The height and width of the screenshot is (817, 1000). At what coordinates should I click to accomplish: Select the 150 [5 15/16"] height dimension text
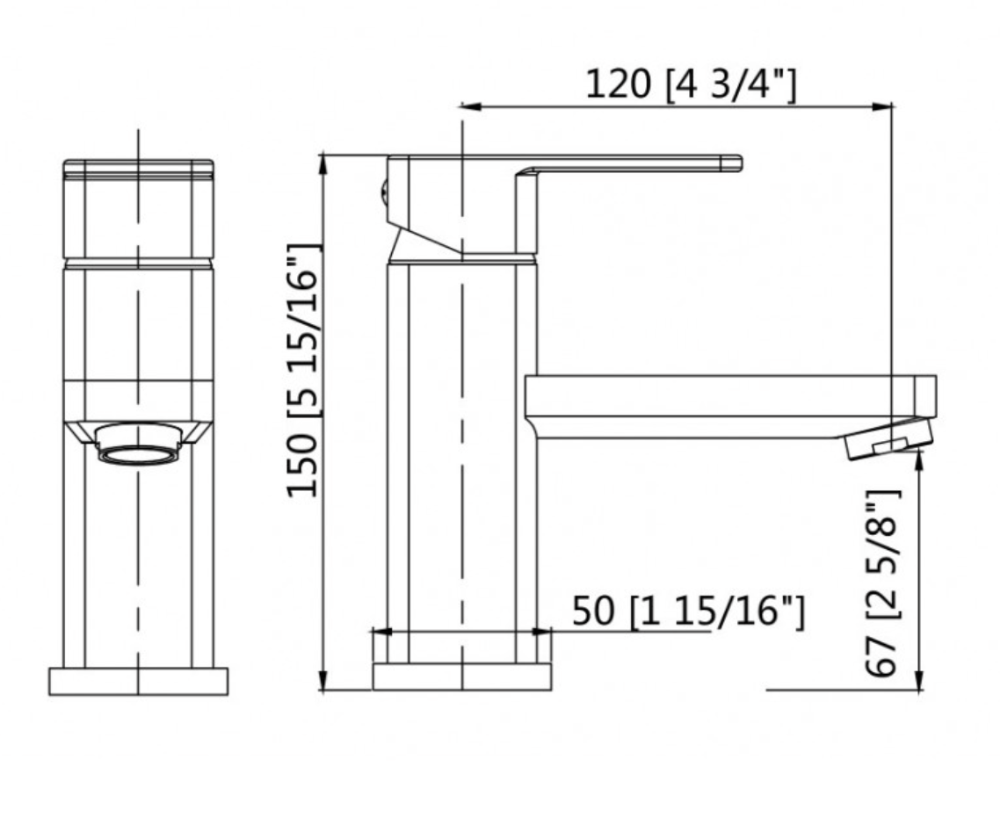pos(304,371)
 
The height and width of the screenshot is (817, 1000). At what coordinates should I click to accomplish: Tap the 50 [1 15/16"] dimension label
pos(687,611)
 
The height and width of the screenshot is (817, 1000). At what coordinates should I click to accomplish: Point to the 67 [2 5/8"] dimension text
pos(882,582)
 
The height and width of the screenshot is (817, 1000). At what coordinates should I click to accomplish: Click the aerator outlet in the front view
pos(138,444)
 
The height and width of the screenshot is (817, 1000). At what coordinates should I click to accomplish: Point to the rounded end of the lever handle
pos(735,163)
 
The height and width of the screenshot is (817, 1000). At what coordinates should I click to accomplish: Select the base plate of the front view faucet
pos(138,681)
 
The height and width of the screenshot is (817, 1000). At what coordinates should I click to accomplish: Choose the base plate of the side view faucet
pos(462,677)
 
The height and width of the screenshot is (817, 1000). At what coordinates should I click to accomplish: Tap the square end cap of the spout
pos(924,395)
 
